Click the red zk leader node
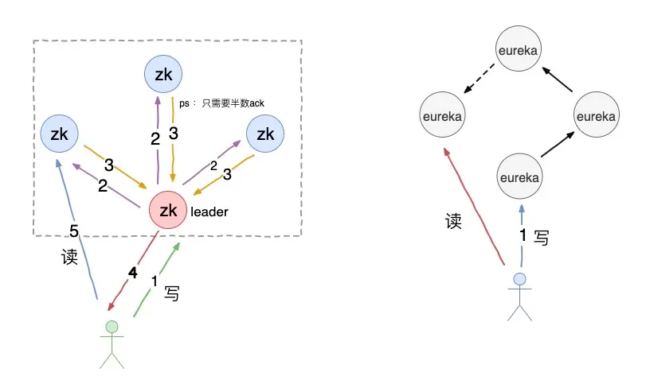[x=168, y=211]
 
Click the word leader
[x=209, y=212]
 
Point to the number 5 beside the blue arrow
[x=74, y=231]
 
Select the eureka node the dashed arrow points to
[x=442, y=116]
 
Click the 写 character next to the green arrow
[x=171, y=293]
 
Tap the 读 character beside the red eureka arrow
[x=453, y=221]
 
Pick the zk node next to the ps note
[x=163, y=75]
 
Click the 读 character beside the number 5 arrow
[x=69, y=258]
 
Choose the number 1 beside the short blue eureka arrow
[x=523, y=235]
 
